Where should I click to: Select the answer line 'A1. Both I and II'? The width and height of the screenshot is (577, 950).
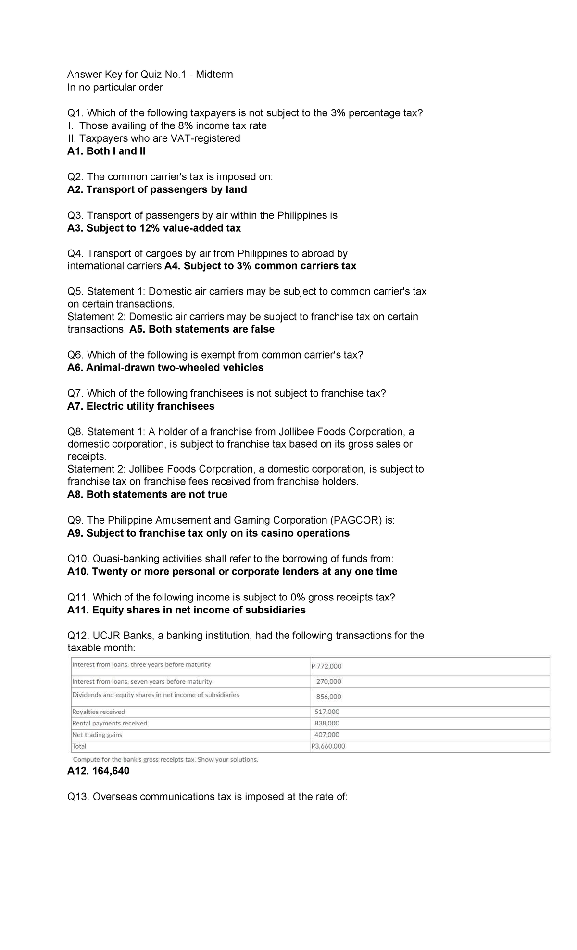pos(106,151)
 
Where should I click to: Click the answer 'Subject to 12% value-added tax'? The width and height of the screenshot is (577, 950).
pos(163,228)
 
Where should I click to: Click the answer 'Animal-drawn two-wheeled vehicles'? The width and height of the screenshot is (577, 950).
pos(175,368)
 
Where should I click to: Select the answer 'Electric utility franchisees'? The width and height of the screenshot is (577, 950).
pos(151,406)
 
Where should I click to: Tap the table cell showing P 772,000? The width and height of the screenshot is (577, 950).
pos(326,666)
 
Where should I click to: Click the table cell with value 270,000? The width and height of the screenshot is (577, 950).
pos(328,681)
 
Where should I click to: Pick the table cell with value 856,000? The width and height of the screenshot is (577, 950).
pos(328,696)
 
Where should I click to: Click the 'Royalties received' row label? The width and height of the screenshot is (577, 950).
pos(99,712)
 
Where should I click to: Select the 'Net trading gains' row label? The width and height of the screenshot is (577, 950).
pos(97,735)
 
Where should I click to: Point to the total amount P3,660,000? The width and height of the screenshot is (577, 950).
pos(328,746)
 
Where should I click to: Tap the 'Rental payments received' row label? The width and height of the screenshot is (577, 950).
pos(110,723)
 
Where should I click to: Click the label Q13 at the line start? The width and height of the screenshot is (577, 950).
pos(78,797)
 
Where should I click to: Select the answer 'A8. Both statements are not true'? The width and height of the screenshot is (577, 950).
pos(147,495)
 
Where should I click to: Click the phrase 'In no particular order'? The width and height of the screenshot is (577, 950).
pos(115,87)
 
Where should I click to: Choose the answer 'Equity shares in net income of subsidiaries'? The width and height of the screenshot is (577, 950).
pos(199,610)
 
